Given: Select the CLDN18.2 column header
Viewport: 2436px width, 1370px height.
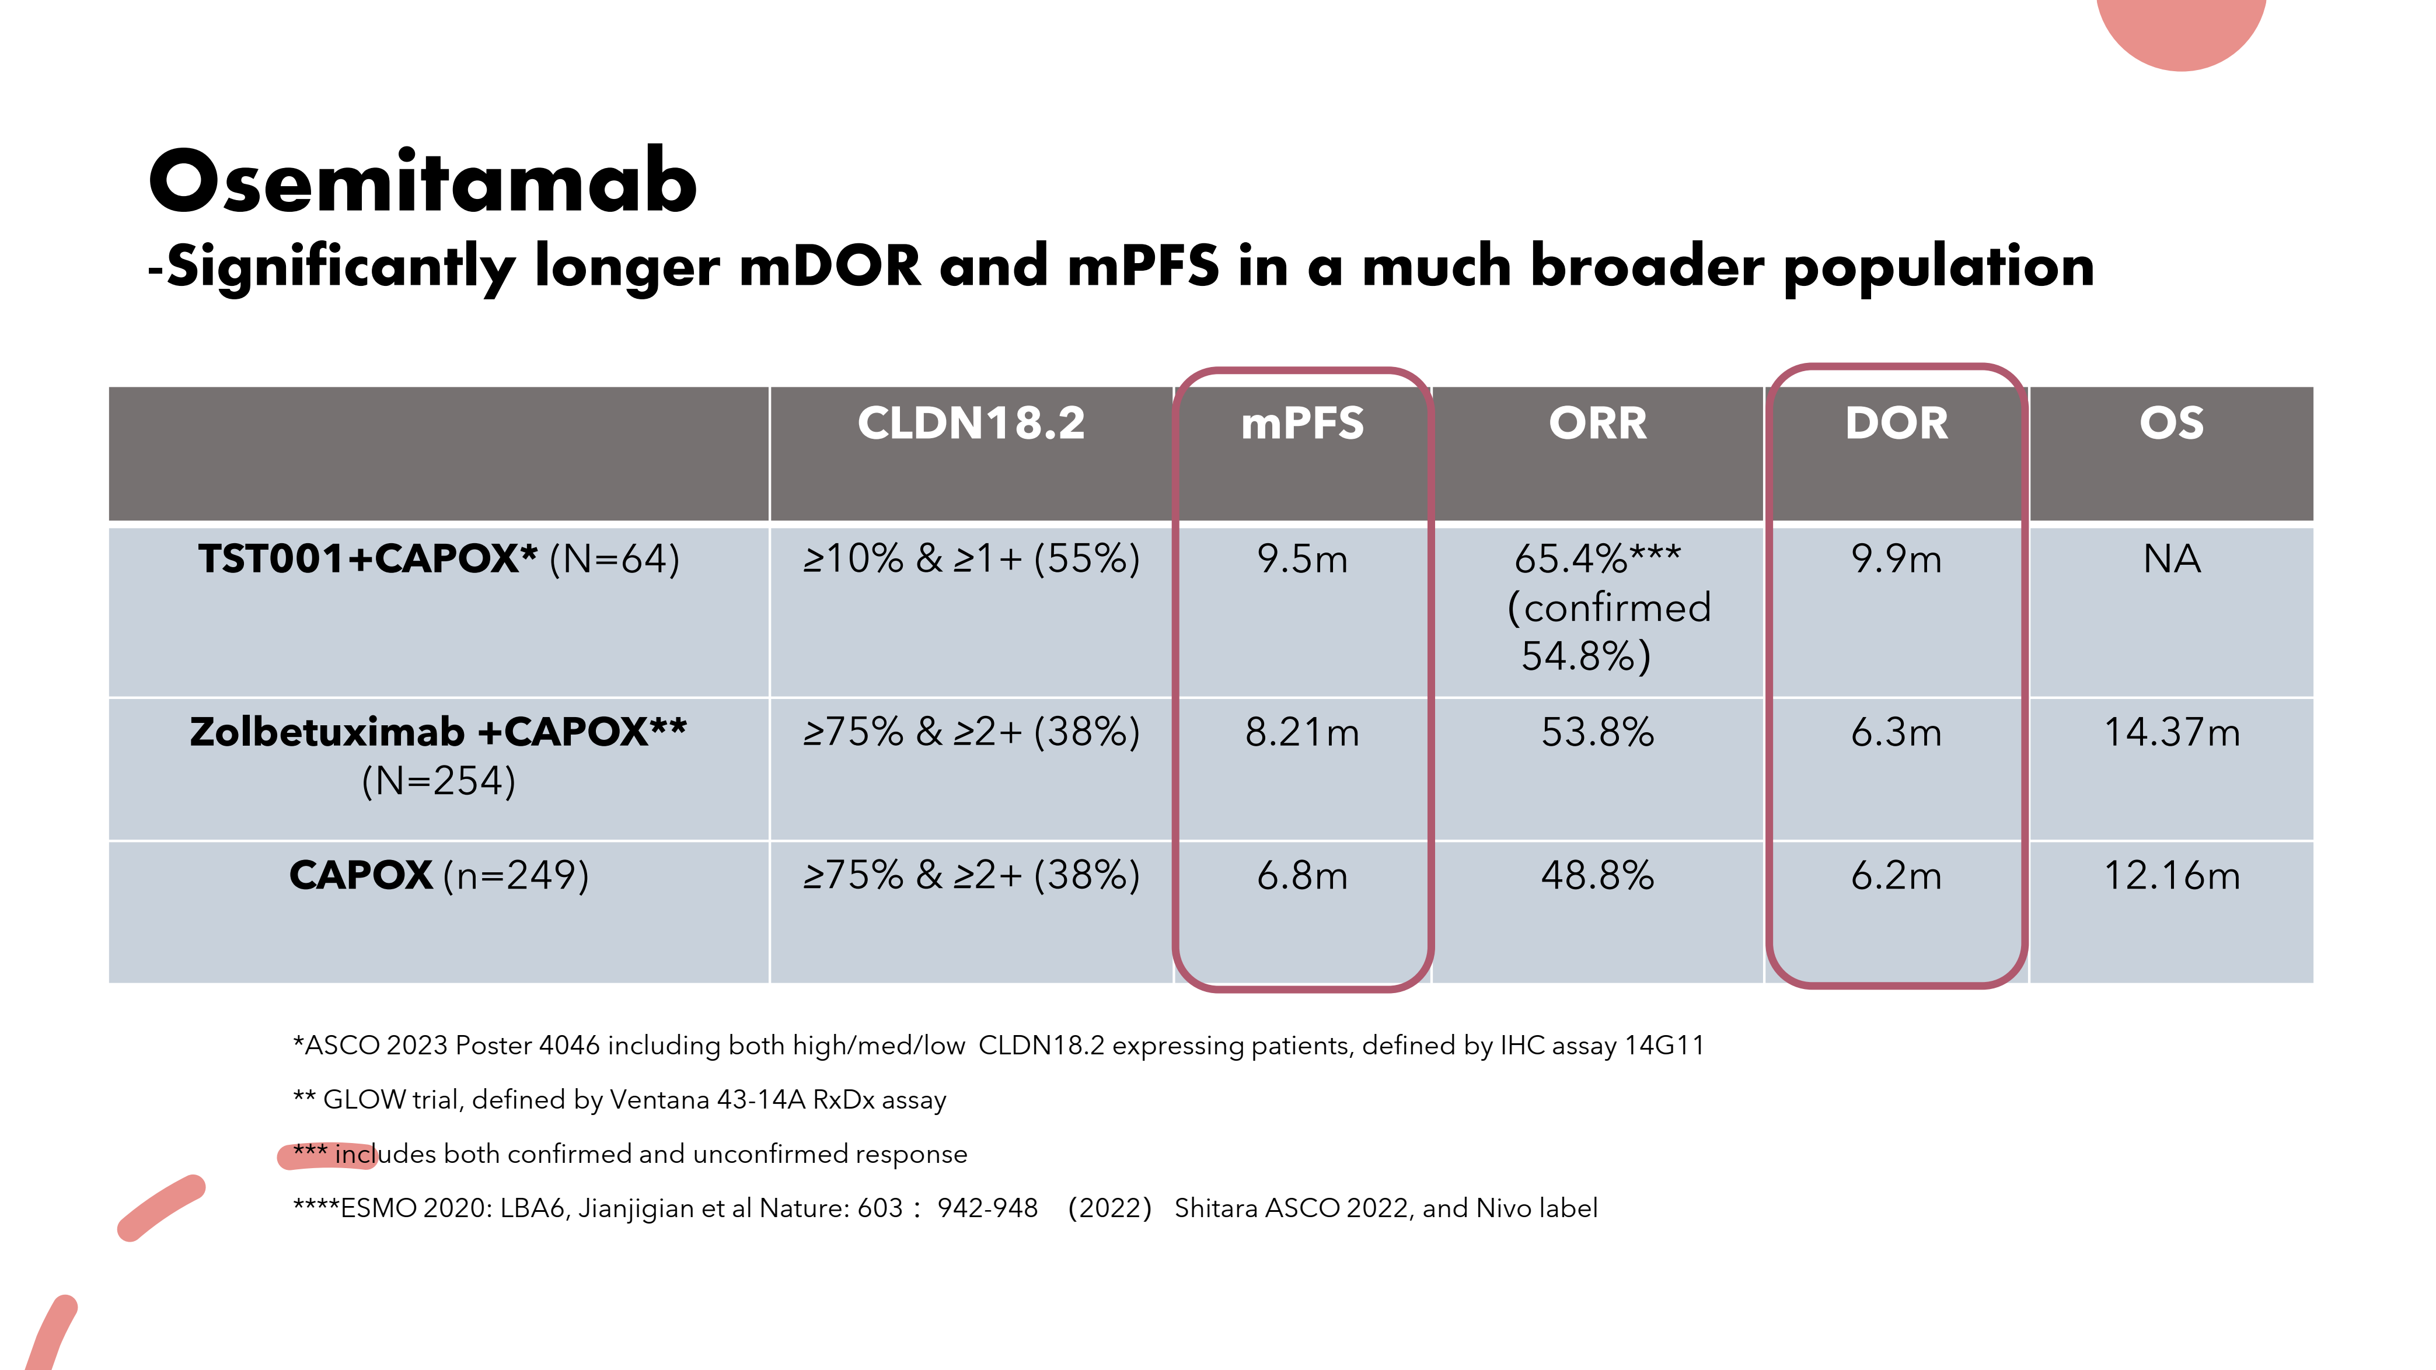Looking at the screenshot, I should [x=971, y=422].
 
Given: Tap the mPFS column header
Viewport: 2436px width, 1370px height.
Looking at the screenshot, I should [x=1302, y=422].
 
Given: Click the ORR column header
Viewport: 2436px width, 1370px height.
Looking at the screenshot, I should [x=1597, y=422].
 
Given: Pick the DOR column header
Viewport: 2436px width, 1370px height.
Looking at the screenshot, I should [x=1896, y=422].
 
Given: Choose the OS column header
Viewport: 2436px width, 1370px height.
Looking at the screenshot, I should [x=2171, y=422].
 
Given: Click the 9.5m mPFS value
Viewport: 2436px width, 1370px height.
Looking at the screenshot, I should [x=1302, y=559].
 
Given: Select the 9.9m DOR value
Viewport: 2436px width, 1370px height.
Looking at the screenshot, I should [x=1896, y=559].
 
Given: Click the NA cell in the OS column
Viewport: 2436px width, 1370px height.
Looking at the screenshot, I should [x=2171, y=559].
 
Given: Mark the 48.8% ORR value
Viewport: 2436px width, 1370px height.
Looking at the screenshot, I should [x=1597, y=876].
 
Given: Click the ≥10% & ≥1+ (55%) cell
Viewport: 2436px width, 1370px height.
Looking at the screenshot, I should [x=971, y=559].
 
